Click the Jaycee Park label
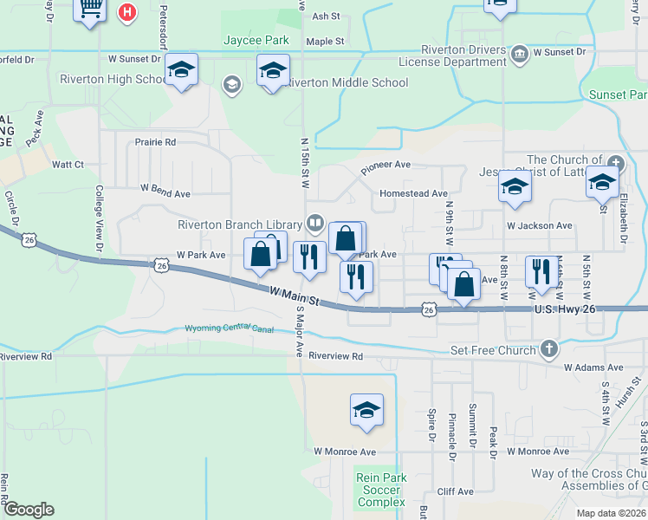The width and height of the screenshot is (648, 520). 256,40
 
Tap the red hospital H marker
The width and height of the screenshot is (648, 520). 127,13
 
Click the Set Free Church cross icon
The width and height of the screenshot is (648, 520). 548,349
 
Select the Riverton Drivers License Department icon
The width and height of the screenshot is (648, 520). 519,52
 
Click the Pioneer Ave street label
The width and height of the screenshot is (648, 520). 386,164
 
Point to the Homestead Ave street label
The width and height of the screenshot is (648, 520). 413,193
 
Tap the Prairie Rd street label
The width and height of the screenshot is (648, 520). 155,141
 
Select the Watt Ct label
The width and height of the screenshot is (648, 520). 68,164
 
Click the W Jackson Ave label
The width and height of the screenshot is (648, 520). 540,225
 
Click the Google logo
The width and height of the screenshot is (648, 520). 29,510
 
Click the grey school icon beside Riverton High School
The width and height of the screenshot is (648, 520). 231,84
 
